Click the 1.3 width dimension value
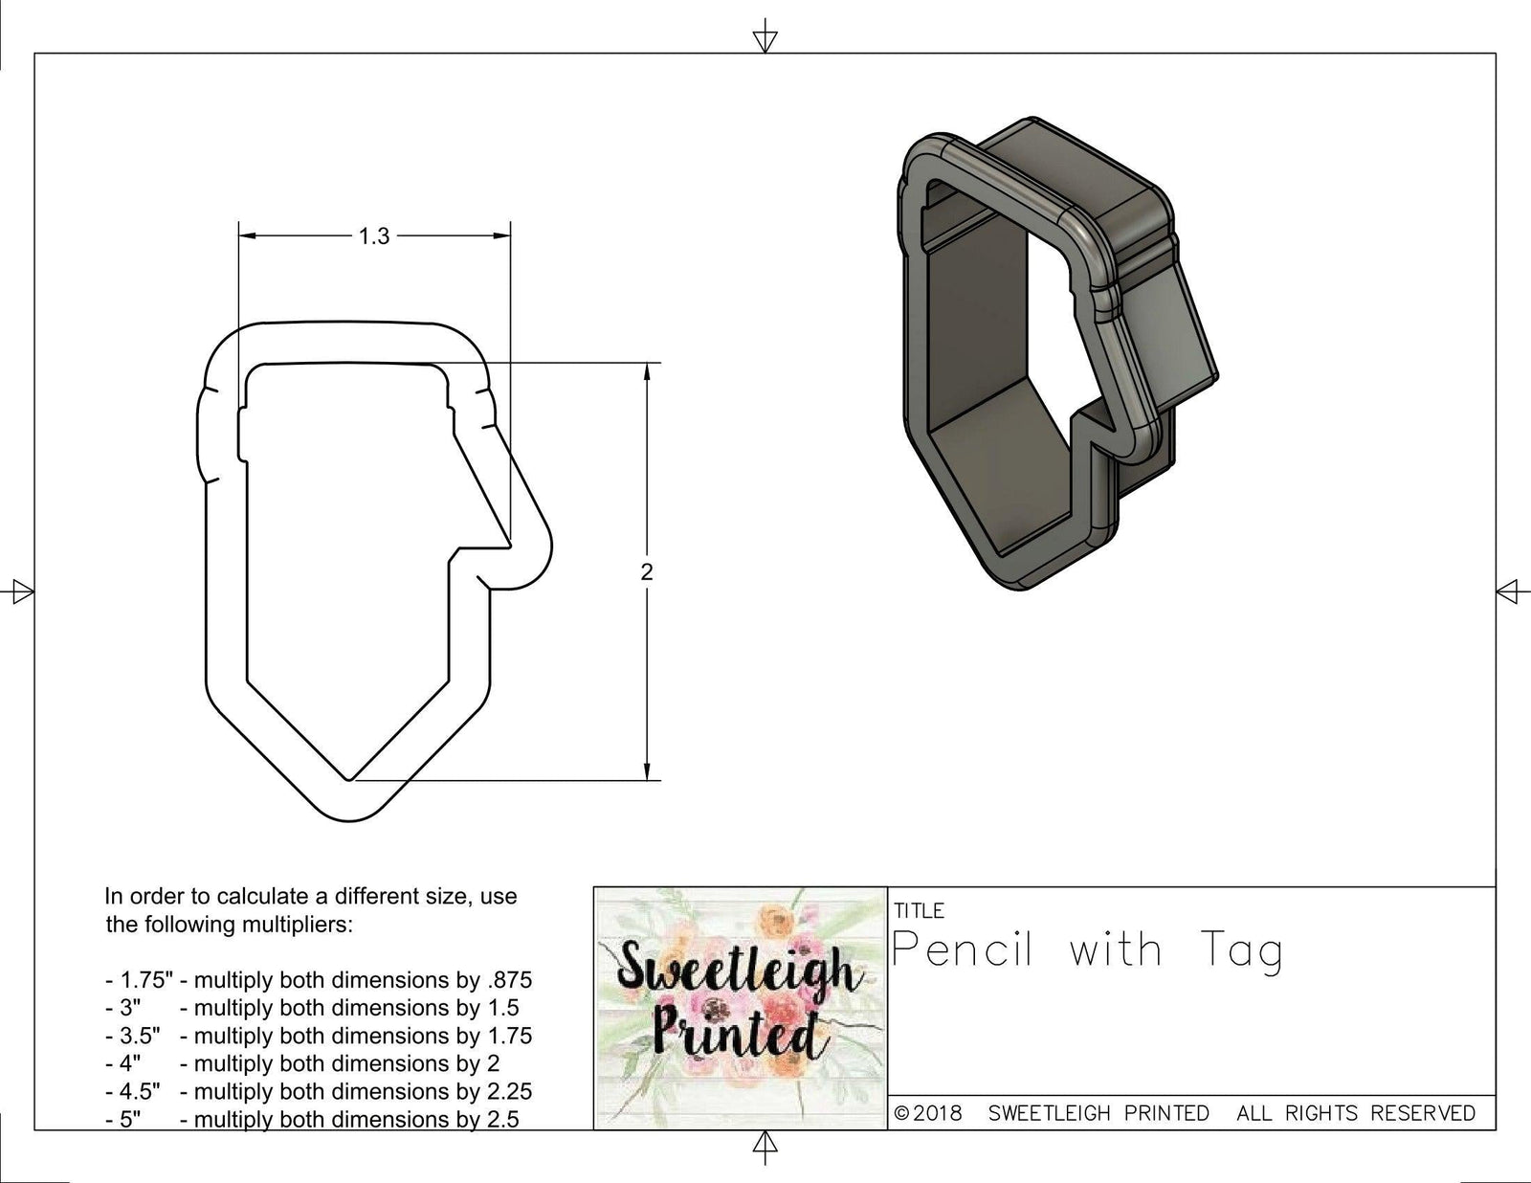pyautogui.click(x=374, y=236)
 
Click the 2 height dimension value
pyautogui.click(x=647, y=572)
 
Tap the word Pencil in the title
pyautogui.click(x=963, y=950)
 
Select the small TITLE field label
pyautogui.click(x=919, y=910)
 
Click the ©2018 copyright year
pyautogui.click(x=928, y=1113)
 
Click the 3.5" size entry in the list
pyautogui.click(x=133, y=1036)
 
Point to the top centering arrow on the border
pyautogui.click(x=765, y=38)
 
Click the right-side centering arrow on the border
pyautogui.click(x=1509, y=591)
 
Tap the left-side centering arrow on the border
pyautogui.click(x=21, y=591)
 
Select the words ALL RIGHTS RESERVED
pyautogui.click(x=1355, y=1113)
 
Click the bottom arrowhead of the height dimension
pyautogui.click(x=648, y=771)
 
